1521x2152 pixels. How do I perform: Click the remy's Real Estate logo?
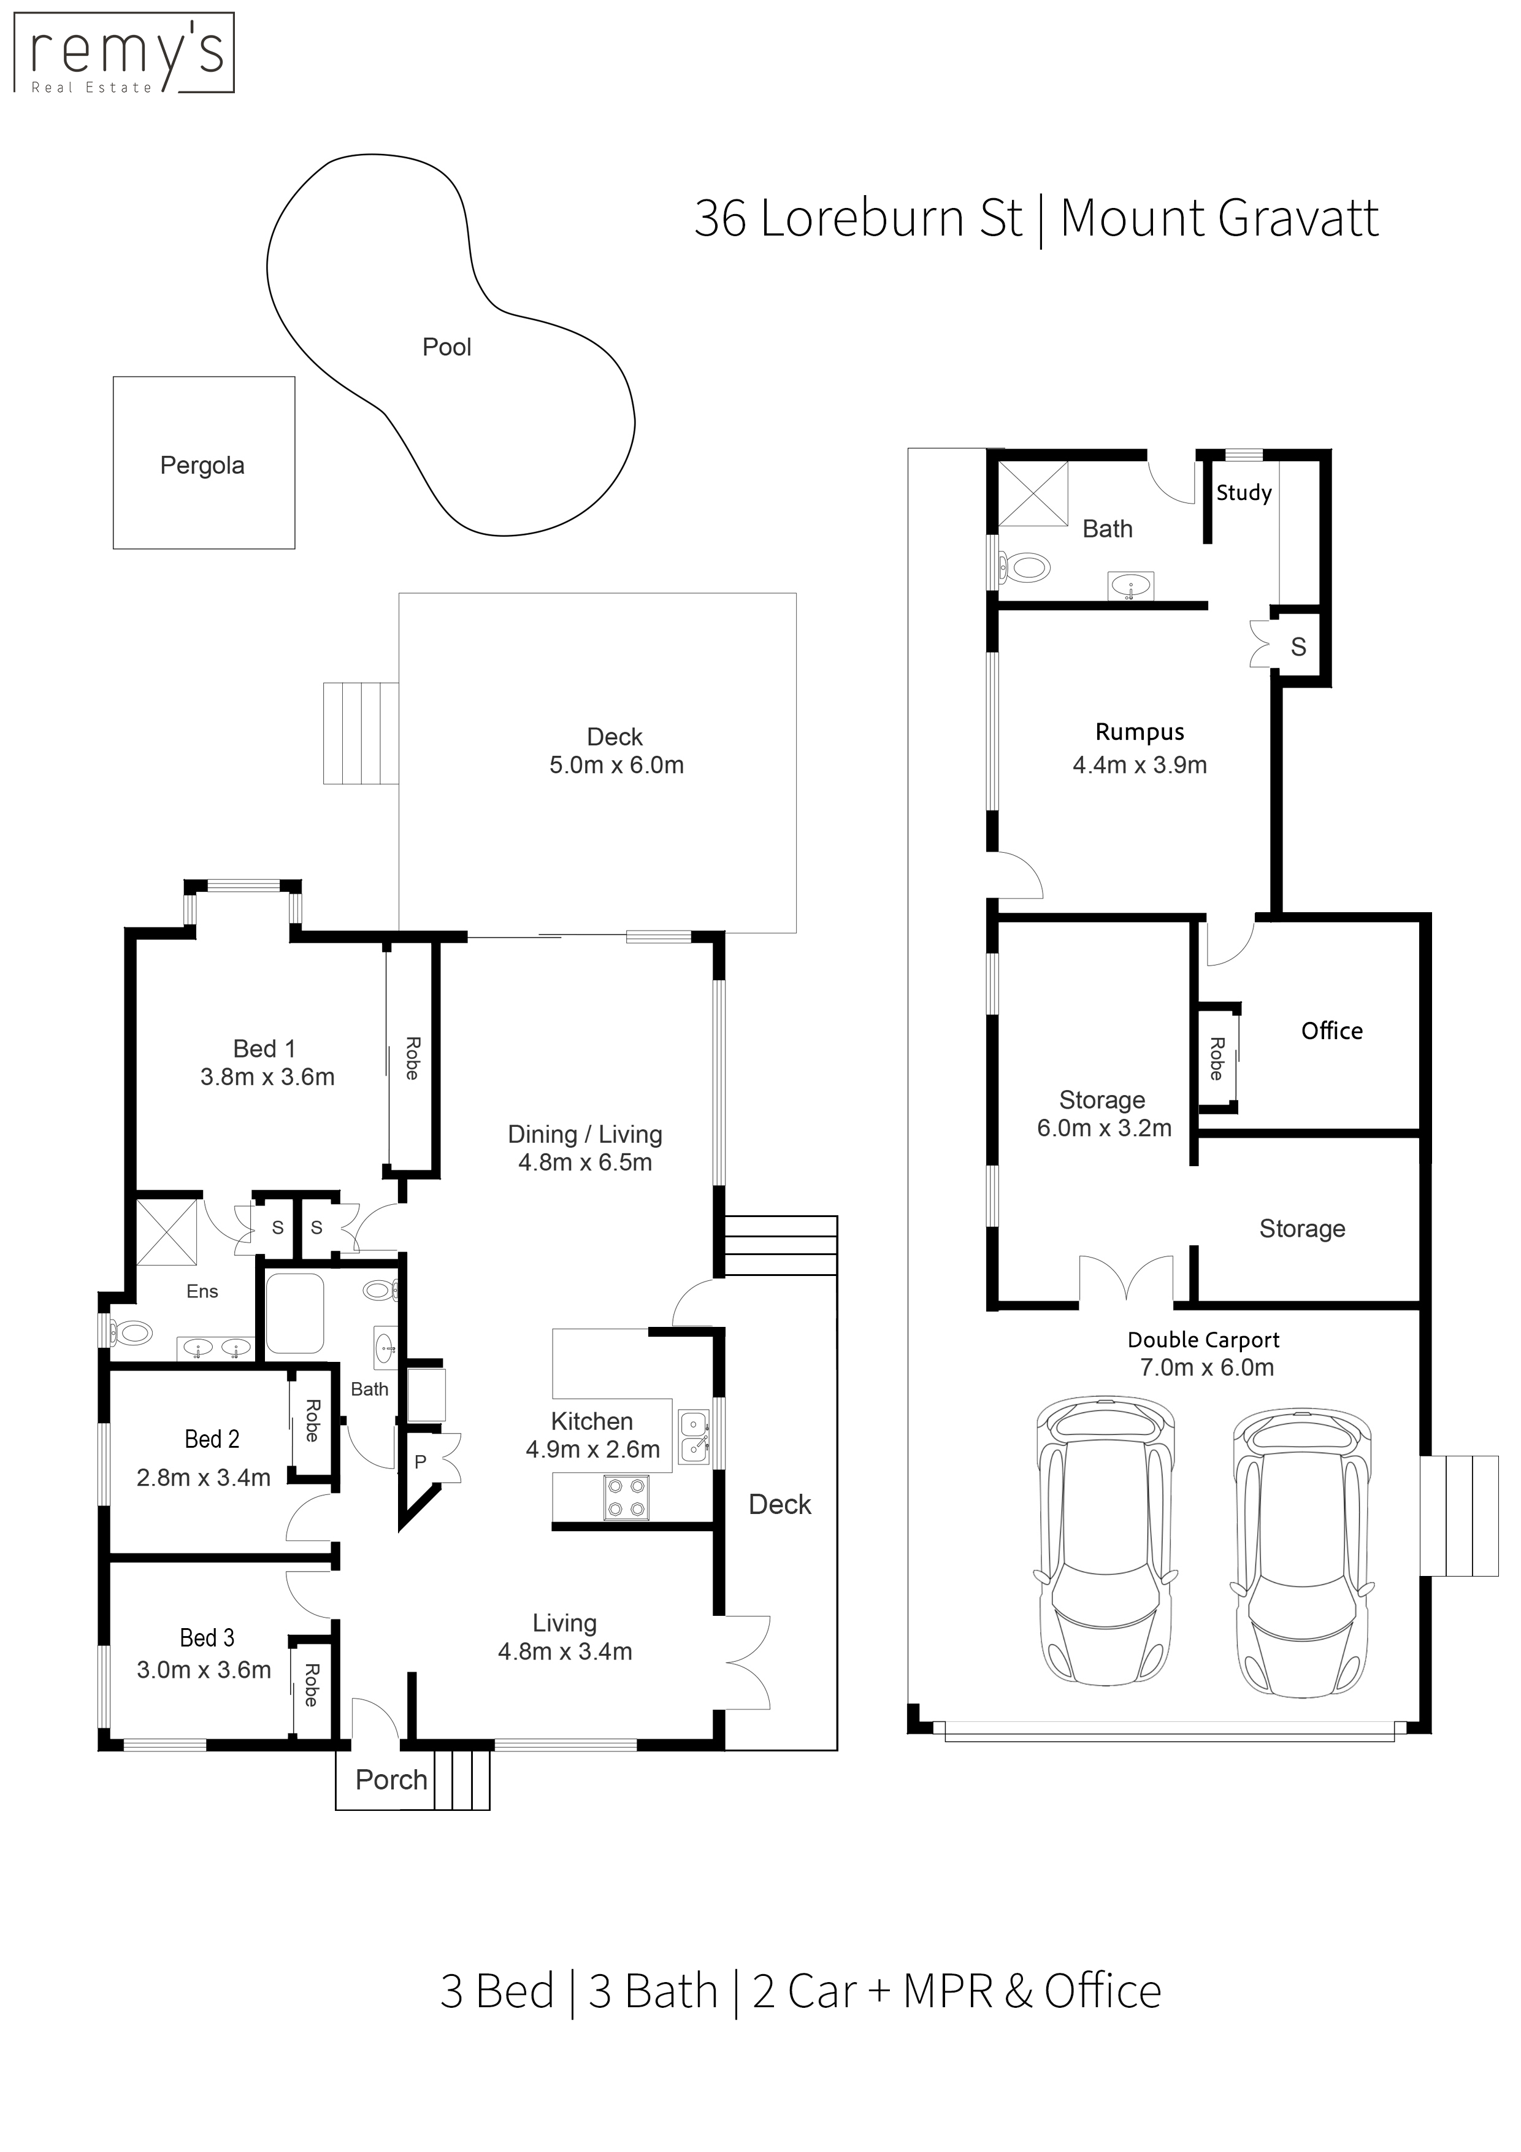point(124,53)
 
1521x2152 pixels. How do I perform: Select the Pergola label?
point(202,466)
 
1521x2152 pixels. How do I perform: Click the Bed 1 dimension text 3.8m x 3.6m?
point(267,1077)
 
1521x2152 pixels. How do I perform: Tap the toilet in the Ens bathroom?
point(129,1332)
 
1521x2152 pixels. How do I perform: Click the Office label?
point(1331,1031)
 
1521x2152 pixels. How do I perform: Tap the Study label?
point(1244,493)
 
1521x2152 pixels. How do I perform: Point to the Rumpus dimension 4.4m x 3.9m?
point(1140,765)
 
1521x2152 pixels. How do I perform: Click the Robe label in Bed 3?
point(311,1685)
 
